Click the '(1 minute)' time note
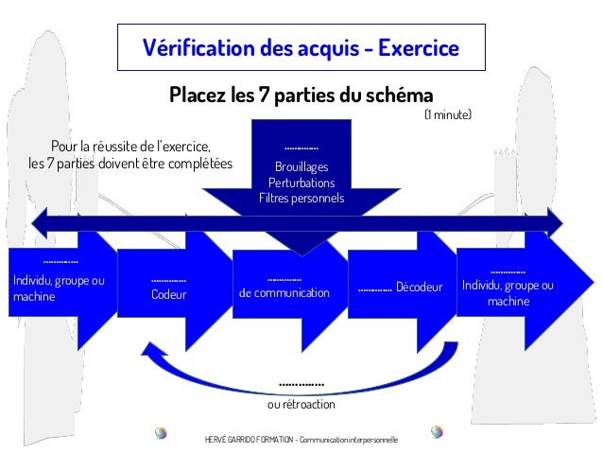click(x=446, y=115)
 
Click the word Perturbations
click(x=301, y=183)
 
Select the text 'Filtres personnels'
click(x=301, y=199)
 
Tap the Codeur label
click(x=169, y=295)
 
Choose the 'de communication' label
click(x=284, y=293)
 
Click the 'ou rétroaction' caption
click(x=301, y=405)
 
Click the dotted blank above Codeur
click(x=169, y=280)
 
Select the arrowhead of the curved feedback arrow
click(x=150, y=351)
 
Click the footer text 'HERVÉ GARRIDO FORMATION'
click(x=248, y=441)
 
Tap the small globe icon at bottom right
click(x=437, y=432)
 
